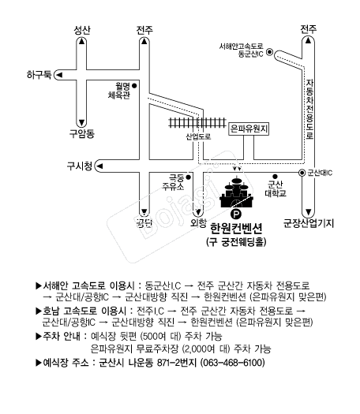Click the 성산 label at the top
click(82, 30)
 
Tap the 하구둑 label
click(39, 75)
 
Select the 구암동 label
click(82, 133)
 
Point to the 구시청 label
click(80, 166)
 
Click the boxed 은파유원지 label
click(249, 129)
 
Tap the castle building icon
click(236, 192)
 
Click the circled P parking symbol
click(236, 214)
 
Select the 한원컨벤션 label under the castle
click(236, 228)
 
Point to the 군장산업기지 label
click(309, 223)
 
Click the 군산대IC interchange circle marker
click(302, 173)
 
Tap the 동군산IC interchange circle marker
click(269, 52)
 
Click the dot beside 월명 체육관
click(134, 85)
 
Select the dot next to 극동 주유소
click(189, 177)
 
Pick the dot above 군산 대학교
click(275, 176)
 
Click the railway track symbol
click(197, 123)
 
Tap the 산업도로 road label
click(198, 136)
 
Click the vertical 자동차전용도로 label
click(309, 109)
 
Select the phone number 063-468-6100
click(232, 363)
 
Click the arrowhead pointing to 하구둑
click(59, 75)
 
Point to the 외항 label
click(198, 223)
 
